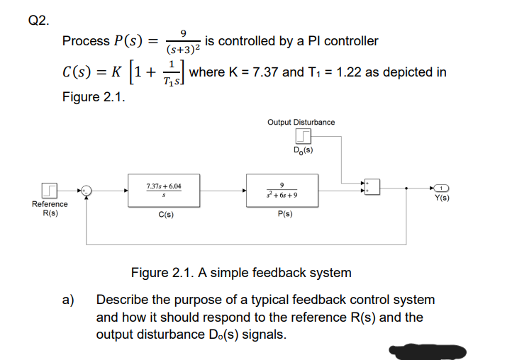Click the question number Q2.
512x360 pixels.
click(x=39, y=20)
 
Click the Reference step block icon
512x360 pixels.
click(x=50, y=190)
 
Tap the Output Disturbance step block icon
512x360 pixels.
click(x=302, y=136)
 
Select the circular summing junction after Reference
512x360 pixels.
click(x=86, y=190)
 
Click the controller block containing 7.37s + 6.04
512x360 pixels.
click(x=163, y=190)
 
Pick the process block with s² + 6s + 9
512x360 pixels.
click(x=282, y=190)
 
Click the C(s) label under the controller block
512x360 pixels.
click(x=163, y=213)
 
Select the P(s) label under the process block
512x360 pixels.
click(x=282, y=213)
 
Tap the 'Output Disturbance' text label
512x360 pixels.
click(x=301, y=123)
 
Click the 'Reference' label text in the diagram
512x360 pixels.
click(x=50, y=204)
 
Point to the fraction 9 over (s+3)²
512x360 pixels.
click(x=184, y=42)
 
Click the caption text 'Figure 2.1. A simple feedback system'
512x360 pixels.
click(x=241, y=272)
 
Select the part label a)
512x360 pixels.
click(x=69, y=300)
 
